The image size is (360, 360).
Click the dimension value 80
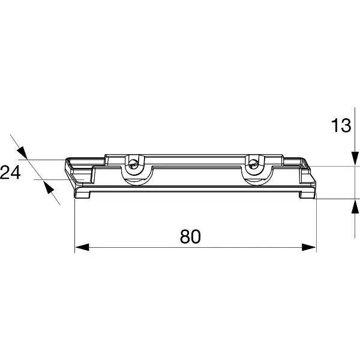pos(190,236)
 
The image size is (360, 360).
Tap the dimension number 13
pos(341,125)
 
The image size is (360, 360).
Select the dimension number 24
pos(10,172)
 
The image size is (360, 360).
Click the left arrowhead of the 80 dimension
pos(82,247)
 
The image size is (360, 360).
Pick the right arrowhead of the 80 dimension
pos(309,247)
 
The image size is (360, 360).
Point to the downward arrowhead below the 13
pos(355,158)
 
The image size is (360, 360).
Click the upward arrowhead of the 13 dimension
pos(355,206)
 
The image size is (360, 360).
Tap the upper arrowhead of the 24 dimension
pos(22,152)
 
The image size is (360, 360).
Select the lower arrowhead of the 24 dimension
pos(49,187)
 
